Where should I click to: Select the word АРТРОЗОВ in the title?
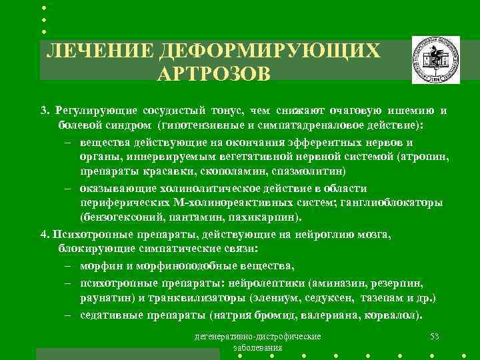(x=213, y=73)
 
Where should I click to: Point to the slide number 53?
(x=435, y=335)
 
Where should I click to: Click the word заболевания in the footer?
(x=257, y=347)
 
